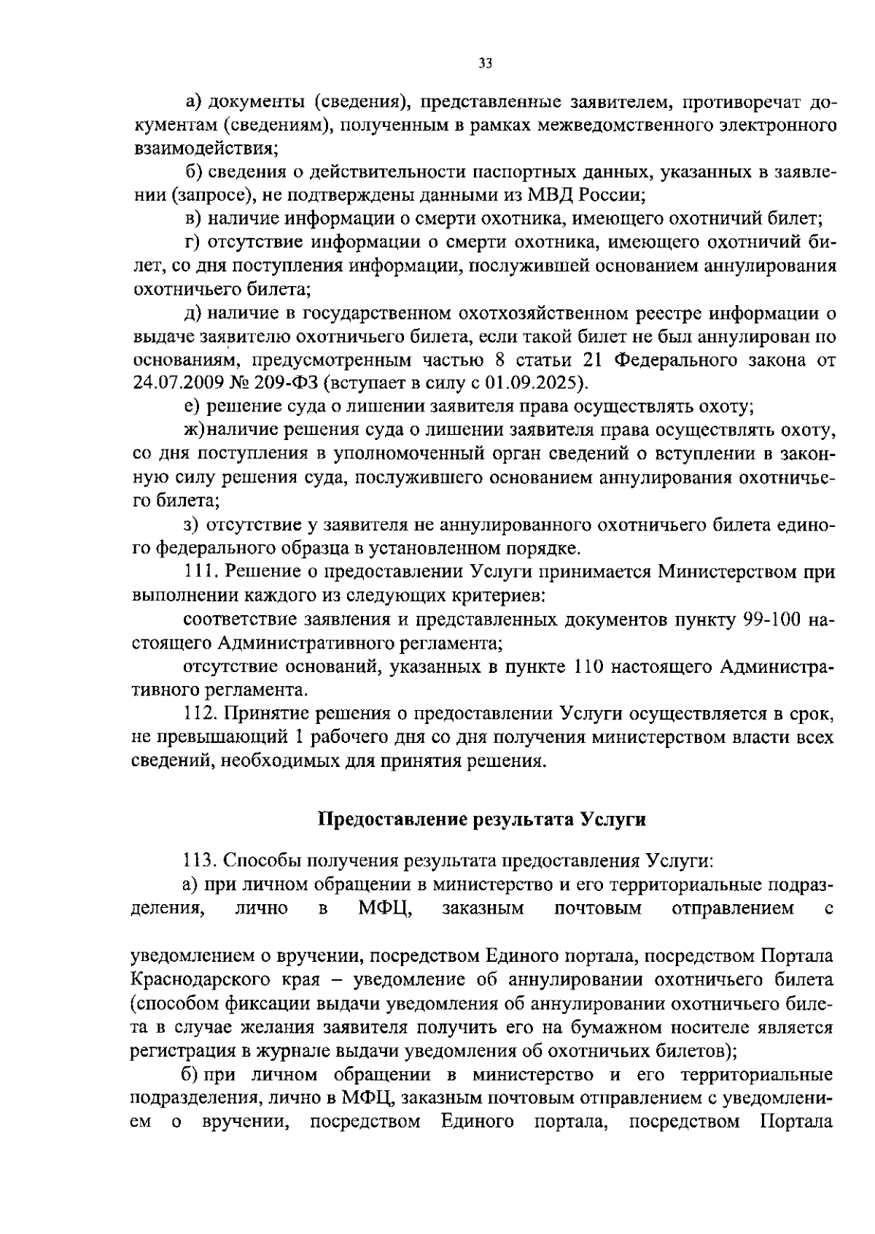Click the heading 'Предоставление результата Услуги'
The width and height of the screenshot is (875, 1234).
point(483,819)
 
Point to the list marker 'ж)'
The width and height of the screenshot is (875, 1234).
point(195,431)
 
